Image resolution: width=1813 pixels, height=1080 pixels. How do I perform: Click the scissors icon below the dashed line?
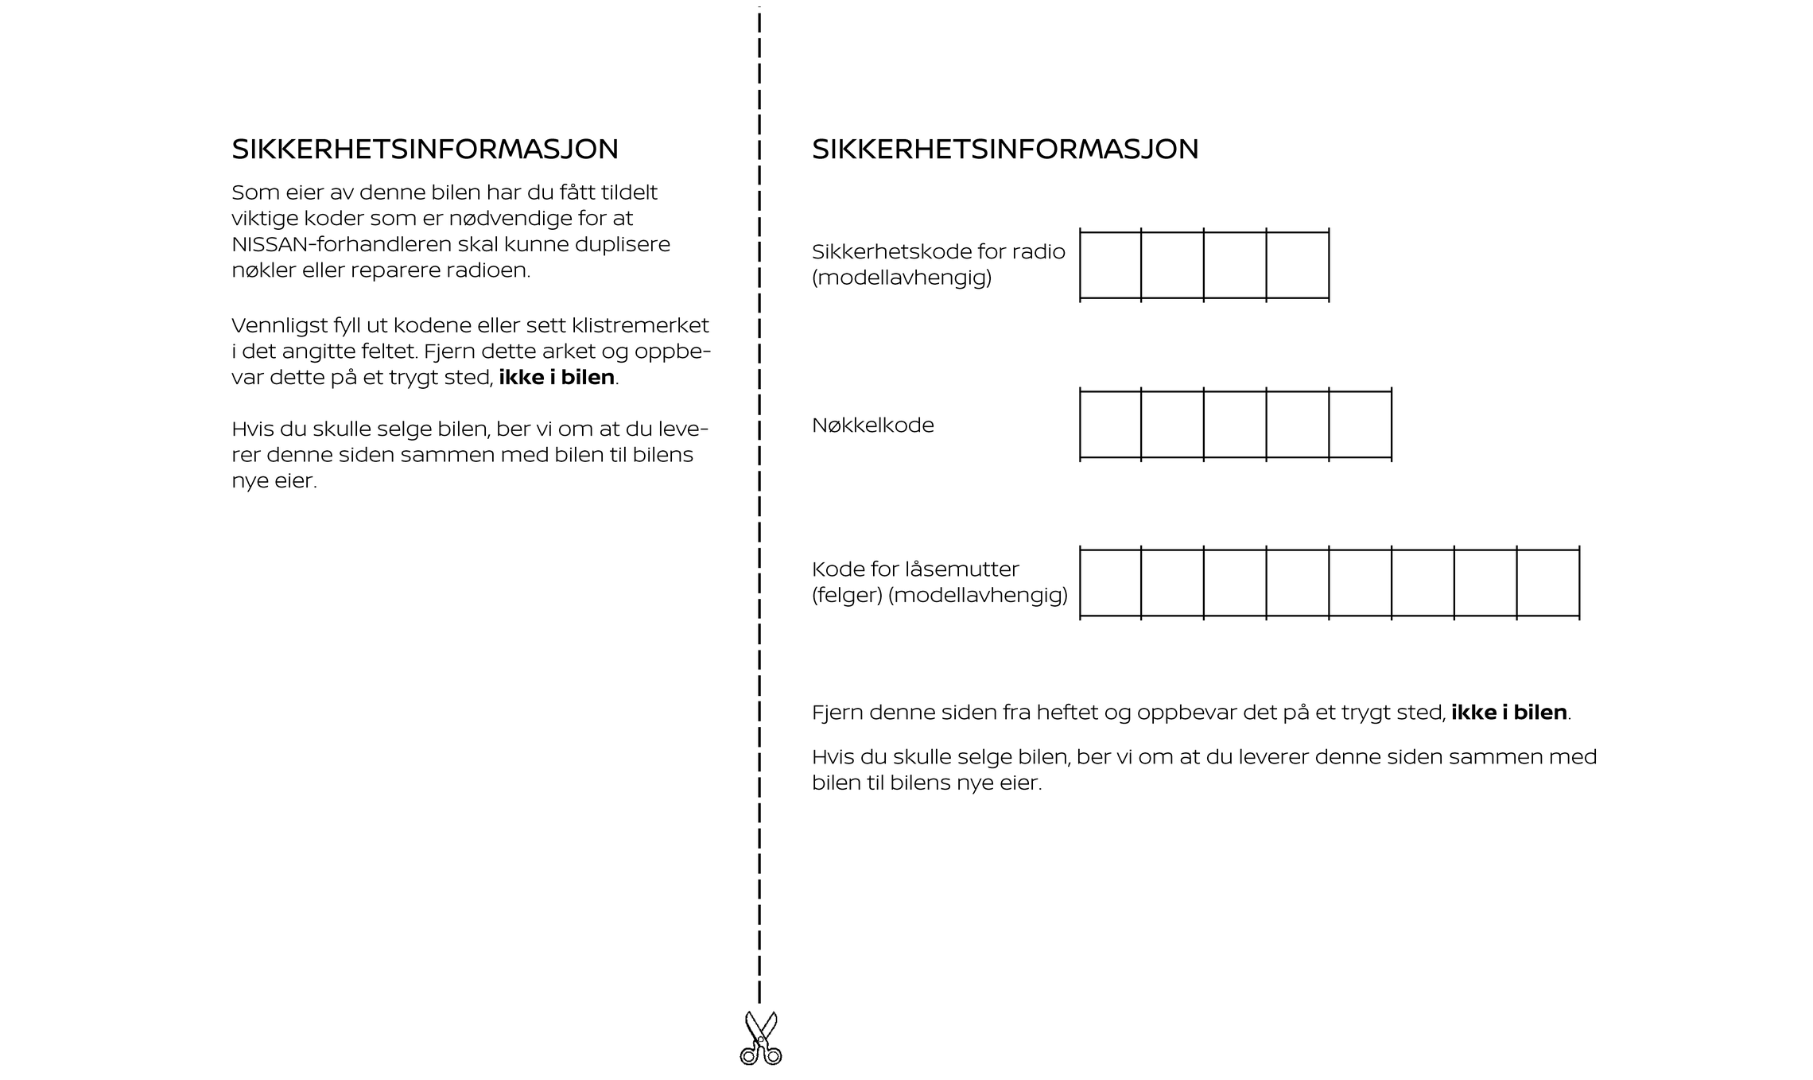(x=760, y=1038)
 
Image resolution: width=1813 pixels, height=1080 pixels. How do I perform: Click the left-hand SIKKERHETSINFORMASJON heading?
(x=425, y=150)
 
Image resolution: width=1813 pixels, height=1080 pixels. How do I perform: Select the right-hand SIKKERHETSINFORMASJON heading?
(x=1004, y=150)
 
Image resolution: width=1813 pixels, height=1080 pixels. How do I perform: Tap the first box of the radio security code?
(x=1110, y=265)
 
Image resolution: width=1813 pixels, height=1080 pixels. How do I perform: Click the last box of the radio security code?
(x=1297, y=265)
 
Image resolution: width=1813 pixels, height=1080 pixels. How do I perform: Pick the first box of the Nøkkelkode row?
(x=1110, y=424)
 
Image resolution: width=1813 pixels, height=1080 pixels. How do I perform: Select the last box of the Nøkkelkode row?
(x=1360, y=424)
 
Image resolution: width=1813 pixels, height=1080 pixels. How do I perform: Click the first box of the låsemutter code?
(x=1110, y=582)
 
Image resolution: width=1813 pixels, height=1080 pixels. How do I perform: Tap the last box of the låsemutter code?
(x=1547, y=582)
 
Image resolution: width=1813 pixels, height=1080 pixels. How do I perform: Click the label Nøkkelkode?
(x=872, y=425)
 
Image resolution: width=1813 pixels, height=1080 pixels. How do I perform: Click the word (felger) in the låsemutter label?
(x=847, y=595)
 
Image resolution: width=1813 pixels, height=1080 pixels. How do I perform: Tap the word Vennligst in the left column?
(x=278, y=326)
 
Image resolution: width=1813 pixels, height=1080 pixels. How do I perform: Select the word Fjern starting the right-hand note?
(x=837, y=713)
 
